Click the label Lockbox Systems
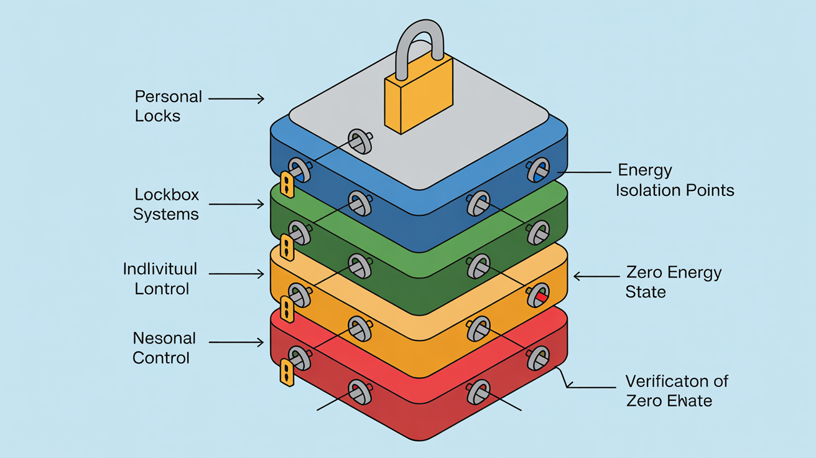[x=165, y=204]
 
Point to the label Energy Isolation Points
[x=675, y=180]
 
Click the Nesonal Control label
[x=164, y=348]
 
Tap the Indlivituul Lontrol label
[x=160, y=278]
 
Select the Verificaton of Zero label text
[x=677, y=390]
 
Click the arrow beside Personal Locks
[x=236, y=98]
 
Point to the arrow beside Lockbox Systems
[x=236, y=204]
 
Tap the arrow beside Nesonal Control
[x=236, y=342]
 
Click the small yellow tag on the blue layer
[x=287, y=185]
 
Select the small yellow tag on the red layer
[x=287, y=373]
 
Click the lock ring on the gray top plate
[x=359, y=141]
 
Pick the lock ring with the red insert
[x=539, y=295]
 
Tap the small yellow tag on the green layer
[x=287, y=247]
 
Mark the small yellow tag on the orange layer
[x=287, y=309]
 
